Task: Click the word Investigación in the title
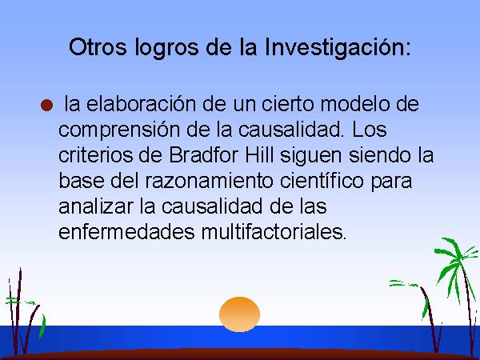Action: (x=338, y=48)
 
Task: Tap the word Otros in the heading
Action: (x=98, y=47)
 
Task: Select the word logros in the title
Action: (x=166, y=48)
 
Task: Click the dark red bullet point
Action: (x=46, y=106)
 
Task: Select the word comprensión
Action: (x=118, y=130)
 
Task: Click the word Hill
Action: (x=259, y=155)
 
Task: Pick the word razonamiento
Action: (x=209, y=181)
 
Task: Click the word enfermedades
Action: (x=126, y=232)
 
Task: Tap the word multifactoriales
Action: (x=274, y=232)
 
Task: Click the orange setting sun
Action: (x=240, y=314)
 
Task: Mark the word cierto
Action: (x=288, y=103)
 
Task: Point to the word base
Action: (x=81, y=181)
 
